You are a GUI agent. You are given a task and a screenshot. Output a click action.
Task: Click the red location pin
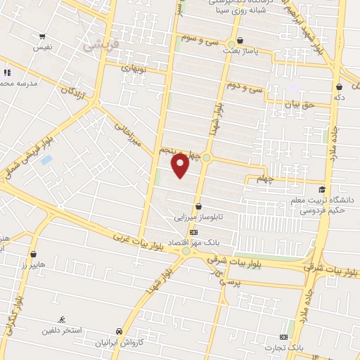[x=180, y=165]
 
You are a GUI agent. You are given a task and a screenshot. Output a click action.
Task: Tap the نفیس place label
[x=43, y=48]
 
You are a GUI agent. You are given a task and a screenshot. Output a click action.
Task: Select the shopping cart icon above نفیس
[x=43, y=37]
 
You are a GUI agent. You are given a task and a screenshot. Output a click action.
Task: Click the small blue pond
[x=46, y=160]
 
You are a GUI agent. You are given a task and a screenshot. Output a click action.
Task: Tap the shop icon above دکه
[x=339, y=86]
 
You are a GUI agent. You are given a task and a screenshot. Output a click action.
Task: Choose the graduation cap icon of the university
[x=322, y=189]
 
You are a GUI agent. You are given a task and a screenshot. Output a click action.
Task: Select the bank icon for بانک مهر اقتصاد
[x=193, y=233]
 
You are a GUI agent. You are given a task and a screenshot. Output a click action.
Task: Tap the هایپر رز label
[x=33, y=264]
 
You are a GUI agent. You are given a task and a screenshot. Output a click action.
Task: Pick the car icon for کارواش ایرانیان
[x=119, y=331]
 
